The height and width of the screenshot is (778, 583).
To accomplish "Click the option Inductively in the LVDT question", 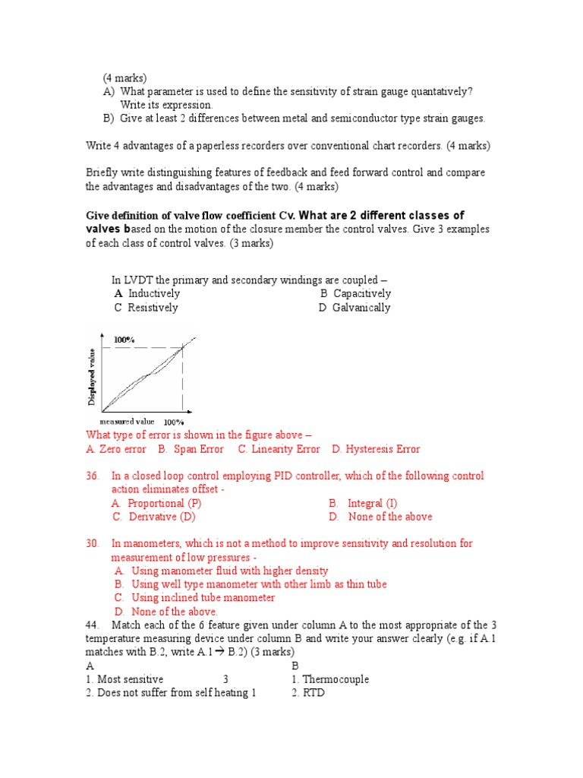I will tap(153, 294).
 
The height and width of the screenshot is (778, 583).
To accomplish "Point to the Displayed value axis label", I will tap(92, 376).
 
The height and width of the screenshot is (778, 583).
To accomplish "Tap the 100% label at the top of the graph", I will tap(124, 340).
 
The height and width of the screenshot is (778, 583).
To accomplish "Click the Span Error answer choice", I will tap(199, 449).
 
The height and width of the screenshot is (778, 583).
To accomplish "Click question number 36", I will tap(93, 476).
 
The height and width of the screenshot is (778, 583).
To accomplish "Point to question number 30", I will tap(93, 544).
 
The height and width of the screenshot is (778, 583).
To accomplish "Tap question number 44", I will tap(93, 625).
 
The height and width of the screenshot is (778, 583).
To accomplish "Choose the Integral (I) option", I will tap(371, 504).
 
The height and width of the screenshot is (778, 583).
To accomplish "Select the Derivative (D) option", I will tap(161, 517).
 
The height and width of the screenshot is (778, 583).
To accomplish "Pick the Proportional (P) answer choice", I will tap(164, 504).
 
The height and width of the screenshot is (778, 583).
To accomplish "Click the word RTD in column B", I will tap(314, 693).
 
